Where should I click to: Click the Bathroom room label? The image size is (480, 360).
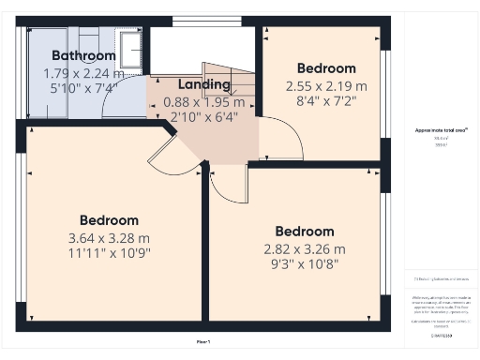pos(83,55)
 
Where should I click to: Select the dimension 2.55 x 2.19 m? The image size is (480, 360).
pos(326,85)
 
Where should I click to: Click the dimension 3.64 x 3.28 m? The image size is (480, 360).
pos(109,237)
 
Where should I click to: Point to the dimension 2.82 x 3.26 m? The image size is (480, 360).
pos(305,248)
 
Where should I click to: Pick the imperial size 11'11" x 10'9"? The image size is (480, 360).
pos(109,252)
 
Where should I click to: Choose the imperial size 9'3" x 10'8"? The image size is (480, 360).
pos(305,264)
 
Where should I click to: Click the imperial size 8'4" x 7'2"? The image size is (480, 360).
pos(326,100)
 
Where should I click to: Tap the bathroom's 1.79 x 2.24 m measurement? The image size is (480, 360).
pos(83,73)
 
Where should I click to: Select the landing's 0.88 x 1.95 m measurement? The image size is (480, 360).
pos(203,102)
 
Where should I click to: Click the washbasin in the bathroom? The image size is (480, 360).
pos(129,46)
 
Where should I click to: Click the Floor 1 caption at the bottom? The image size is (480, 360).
pos(203,341)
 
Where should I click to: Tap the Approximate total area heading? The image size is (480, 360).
pos(442,130)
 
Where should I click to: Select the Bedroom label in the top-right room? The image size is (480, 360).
pos(326,68)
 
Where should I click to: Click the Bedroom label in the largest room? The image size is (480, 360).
pos(109,220)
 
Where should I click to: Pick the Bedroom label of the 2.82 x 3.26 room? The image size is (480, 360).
pos(305,232)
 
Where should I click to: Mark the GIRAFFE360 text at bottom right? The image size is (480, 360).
pos(441,334)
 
